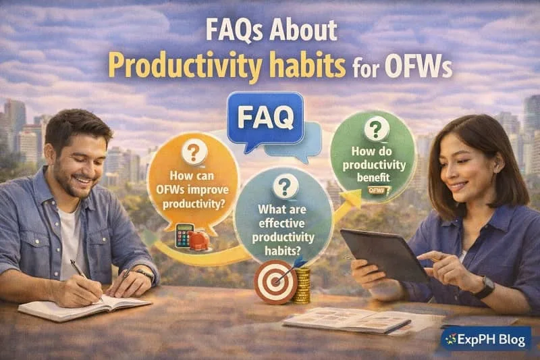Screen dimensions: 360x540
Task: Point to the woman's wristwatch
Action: pos(483,286)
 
